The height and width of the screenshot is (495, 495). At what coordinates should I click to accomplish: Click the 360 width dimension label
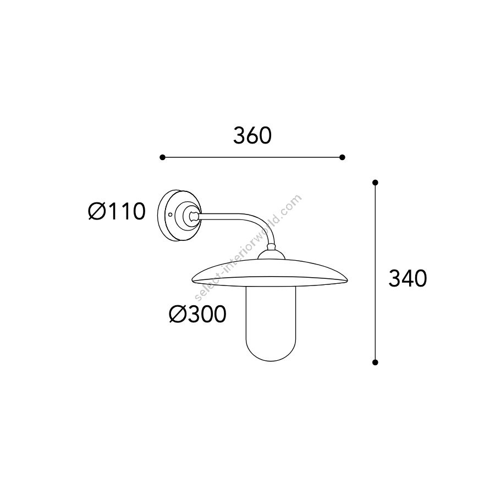[252, 136]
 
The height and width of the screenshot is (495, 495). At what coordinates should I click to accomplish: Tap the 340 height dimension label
[408, 278]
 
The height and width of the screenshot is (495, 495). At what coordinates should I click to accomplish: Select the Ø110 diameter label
[117, 211]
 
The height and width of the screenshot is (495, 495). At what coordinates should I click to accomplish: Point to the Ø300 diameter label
[198, 314]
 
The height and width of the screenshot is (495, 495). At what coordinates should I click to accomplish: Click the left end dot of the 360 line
[162, 157]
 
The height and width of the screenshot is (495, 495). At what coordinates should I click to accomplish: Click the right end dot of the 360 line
[342, 157]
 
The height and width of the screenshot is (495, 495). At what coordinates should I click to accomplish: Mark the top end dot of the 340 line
[375, 183]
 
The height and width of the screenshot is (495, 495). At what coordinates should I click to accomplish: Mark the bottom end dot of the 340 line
[375, 362]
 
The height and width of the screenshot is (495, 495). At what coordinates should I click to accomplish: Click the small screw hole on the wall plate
[170, 215]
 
